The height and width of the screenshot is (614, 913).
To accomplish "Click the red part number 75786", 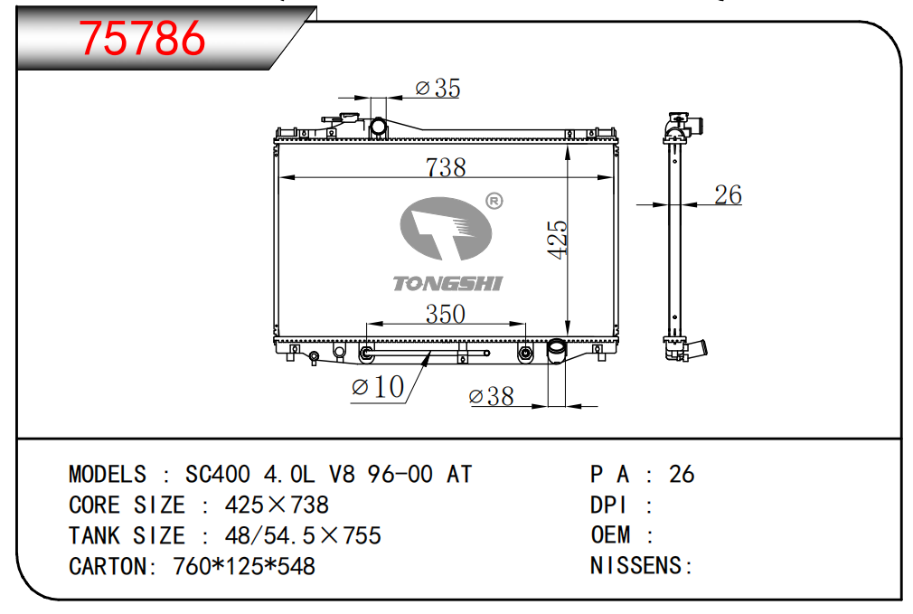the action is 142,39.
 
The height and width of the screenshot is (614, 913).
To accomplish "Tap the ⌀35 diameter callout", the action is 438,88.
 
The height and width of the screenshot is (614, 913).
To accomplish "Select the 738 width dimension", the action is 446,168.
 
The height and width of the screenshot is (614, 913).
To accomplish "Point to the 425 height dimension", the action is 557,239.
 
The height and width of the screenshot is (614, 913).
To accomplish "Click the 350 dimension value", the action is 446,314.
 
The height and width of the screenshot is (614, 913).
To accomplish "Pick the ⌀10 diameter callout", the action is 378,387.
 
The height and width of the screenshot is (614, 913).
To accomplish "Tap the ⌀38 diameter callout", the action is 492,397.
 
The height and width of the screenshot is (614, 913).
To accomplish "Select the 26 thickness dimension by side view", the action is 728,195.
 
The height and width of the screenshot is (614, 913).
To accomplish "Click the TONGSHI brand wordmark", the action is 447,284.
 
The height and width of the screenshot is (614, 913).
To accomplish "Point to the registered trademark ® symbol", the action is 494,201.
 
